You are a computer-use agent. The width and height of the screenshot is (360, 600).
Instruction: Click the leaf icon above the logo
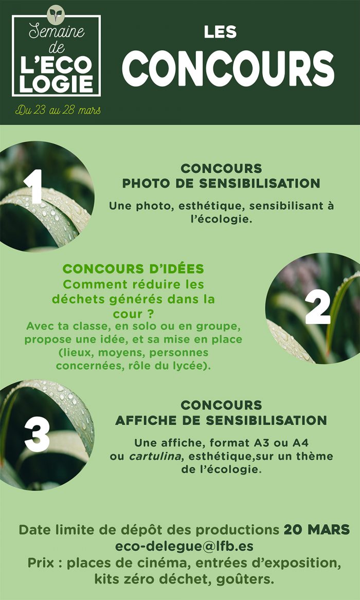56,14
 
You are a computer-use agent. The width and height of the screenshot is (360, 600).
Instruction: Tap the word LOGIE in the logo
56,84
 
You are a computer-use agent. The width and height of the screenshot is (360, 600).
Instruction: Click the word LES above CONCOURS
220,32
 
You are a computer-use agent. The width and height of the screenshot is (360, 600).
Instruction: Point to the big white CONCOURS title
228,68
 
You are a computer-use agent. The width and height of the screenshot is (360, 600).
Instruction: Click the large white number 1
35,186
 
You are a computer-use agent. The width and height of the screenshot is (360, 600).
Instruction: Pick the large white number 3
37,434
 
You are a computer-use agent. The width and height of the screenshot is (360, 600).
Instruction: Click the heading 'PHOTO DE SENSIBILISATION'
221,184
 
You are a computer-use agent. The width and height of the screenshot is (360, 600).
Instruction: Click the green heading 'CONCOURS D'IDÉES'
133,269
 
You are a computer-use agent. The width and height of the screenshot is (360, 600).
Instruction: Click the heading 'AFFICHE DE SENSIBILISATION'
221,420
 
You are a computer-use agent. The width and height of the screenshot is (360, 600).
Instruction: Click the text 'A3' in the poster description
261,443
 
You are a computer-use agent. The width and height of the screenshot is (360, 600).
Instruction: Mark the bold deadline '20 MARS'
317,530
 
